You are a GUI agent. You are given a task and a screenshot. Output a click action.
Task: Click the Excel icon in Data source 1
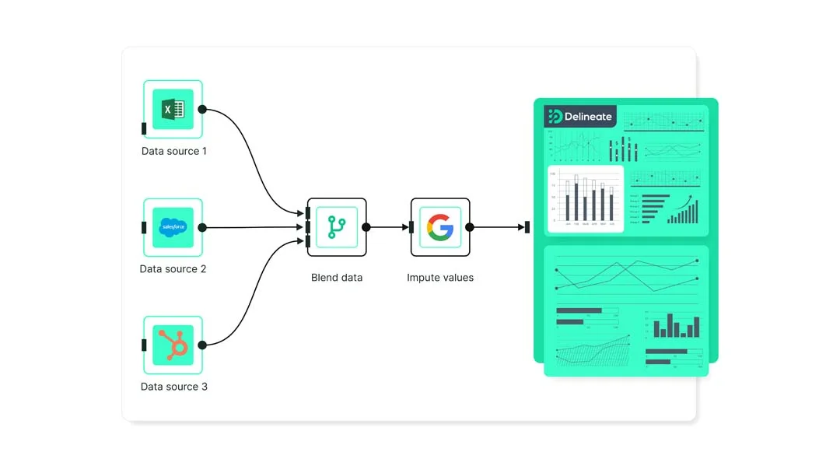coord(173,110)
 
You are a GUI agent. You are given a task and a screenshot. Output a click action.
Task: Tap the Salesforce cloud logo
coord(173,227)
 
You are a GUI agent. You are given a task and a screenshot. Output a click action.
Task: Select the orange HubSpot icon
coord(173,345)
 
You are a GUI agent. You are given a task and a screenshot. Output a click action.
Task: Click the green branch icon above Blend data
coord(337,227)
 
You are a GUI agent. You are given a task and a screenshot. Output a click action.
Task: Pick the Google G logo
coord(440,227)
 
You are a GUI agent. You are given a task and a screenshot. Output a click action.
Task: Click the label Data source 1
coord(174,151)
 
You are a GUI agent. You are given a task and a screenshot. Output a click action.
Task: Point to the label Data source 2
coord(173,269)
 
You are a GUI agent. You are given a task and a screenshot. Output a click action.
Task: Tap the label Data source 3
coord(174,387)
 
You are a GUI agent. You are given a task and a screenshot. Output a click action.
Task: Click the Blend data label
coord(337,278)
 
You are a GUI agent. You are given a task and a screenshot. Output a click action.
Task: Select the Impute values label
coord(440,278)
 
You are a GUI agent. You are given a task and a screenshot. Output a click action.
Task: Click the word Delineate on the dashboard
coord(588,117)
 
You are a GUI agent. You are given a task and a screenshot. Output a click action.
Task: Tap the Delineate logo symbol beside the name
coord(555,117)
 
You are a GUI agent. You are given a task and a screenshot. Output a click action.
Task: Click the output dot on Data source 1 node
coord(202,110)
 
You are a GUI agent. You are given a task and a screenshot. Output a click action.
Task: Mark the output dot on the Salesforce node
coord(202,227)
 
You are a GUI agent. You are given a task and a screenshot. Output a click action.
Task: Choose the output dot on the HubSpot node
coord(202,345)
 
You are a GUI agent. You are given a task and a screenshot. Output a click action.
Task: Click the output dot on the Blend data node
coord(366,227)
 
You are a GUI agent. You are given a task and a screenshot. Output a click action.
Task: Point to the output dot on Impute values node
coord(470,227)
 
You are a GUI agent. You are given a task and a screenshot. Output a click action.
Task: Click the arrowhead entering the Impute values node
coord(406,227)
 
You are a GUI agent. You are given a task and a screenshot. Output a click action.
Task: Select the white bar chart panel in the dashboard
coord(586,198)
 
